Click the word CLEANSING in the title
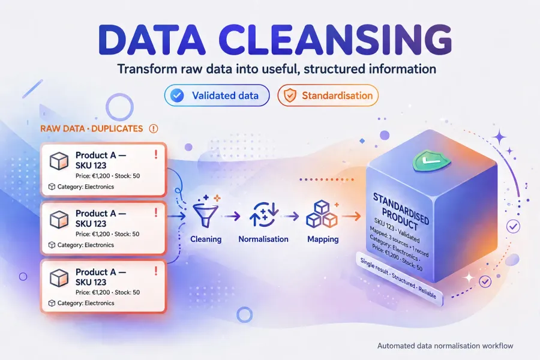coord(335,40)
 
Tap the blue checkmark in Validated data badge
coord(178,95)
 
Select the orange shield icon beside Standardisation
coord(290,95)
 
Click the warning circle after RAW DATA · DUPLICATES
coord(153,128)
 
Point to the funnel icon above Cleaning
coord(206,212)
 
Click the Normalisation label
coord(263,239)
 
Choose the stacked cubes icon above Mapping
coord(322,214)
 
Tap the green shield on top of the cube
coord(431,160)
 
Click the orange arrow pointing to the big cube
coord(351,217)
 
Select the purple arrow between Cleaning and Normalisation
coord(232,217)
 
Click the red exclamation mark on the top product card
coord(156,154)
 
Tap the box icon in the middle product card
coord(59,220)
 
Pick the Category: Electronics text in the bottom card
coord(86,303)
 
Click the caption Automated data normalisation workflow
coord(445,346)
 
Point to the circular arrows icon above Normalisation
coord(263,215)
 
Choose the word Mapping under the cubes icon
coord(323,239)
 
